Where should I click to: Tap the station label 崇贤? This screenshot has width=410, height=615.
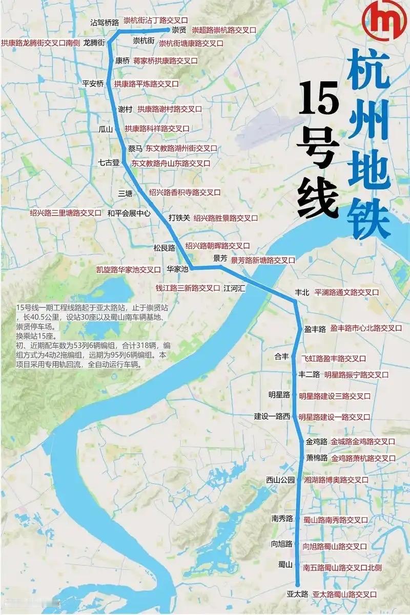[178, 30]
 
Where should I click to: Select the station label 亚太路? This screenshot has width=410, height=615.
[297, 594]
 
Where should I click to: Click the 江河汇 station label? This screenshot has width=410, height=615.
[234, 288]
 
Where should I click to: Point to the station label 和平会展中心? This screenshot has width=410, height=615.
[129, 213]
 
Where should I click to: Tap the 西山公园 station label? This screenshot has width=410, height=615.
[280, 480]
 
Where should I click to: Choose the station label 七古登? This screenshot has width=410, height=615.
[109, 162]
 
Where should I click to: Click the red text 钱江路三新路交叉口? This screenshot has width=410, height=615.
[188, 288]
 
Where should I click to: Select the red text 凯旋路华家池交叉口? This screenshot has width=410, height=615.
[129, 269]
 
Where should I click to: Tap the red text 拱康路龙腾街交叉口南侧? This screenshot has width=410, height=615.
[40, 43]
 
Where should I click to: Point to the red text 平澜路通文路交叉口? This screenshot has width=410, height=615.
[346, 292]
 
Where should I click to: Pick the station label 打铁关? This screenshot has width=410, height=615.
[179, 218]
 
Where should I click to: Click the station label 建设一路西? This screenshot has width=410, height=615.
[272, 416]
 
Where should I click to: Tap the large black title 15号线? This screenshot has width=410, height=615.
[319, 151]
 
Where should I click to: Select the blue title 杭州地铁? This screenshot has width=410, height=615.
[368, 146]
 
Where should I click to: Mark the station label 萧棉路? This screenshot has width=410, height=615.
[317, 457]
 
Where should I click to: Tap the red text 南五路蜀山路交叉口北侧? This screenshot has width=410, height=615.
[342, 567]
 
